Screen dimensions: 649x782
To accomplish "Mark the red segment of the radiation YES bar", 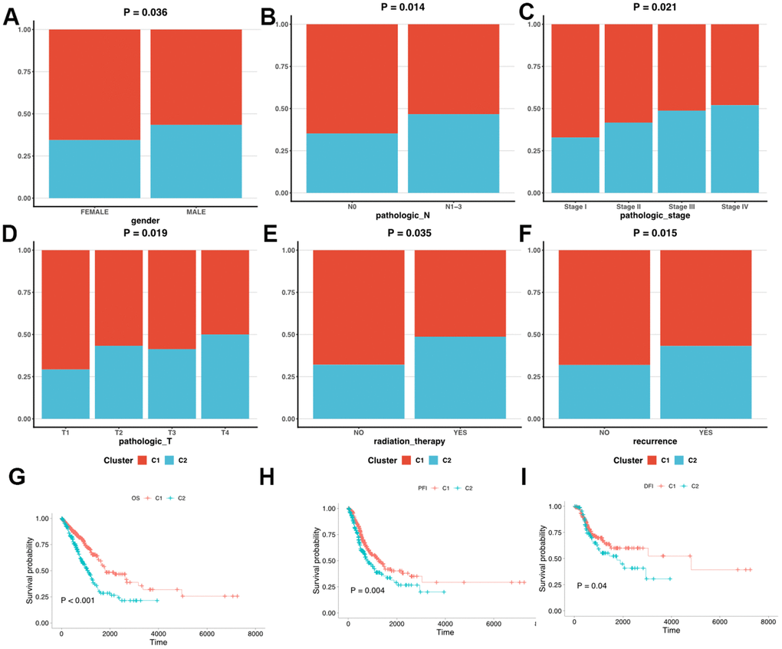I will pyautogui.click(x=460, y=293).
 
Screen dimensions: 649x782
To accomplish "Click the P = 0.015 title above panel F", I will pyautogui.click(x=654, y=233).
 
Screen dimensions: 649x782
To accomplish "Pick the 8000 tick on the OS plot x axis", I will pyautogui.click(x=255, y=634).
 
